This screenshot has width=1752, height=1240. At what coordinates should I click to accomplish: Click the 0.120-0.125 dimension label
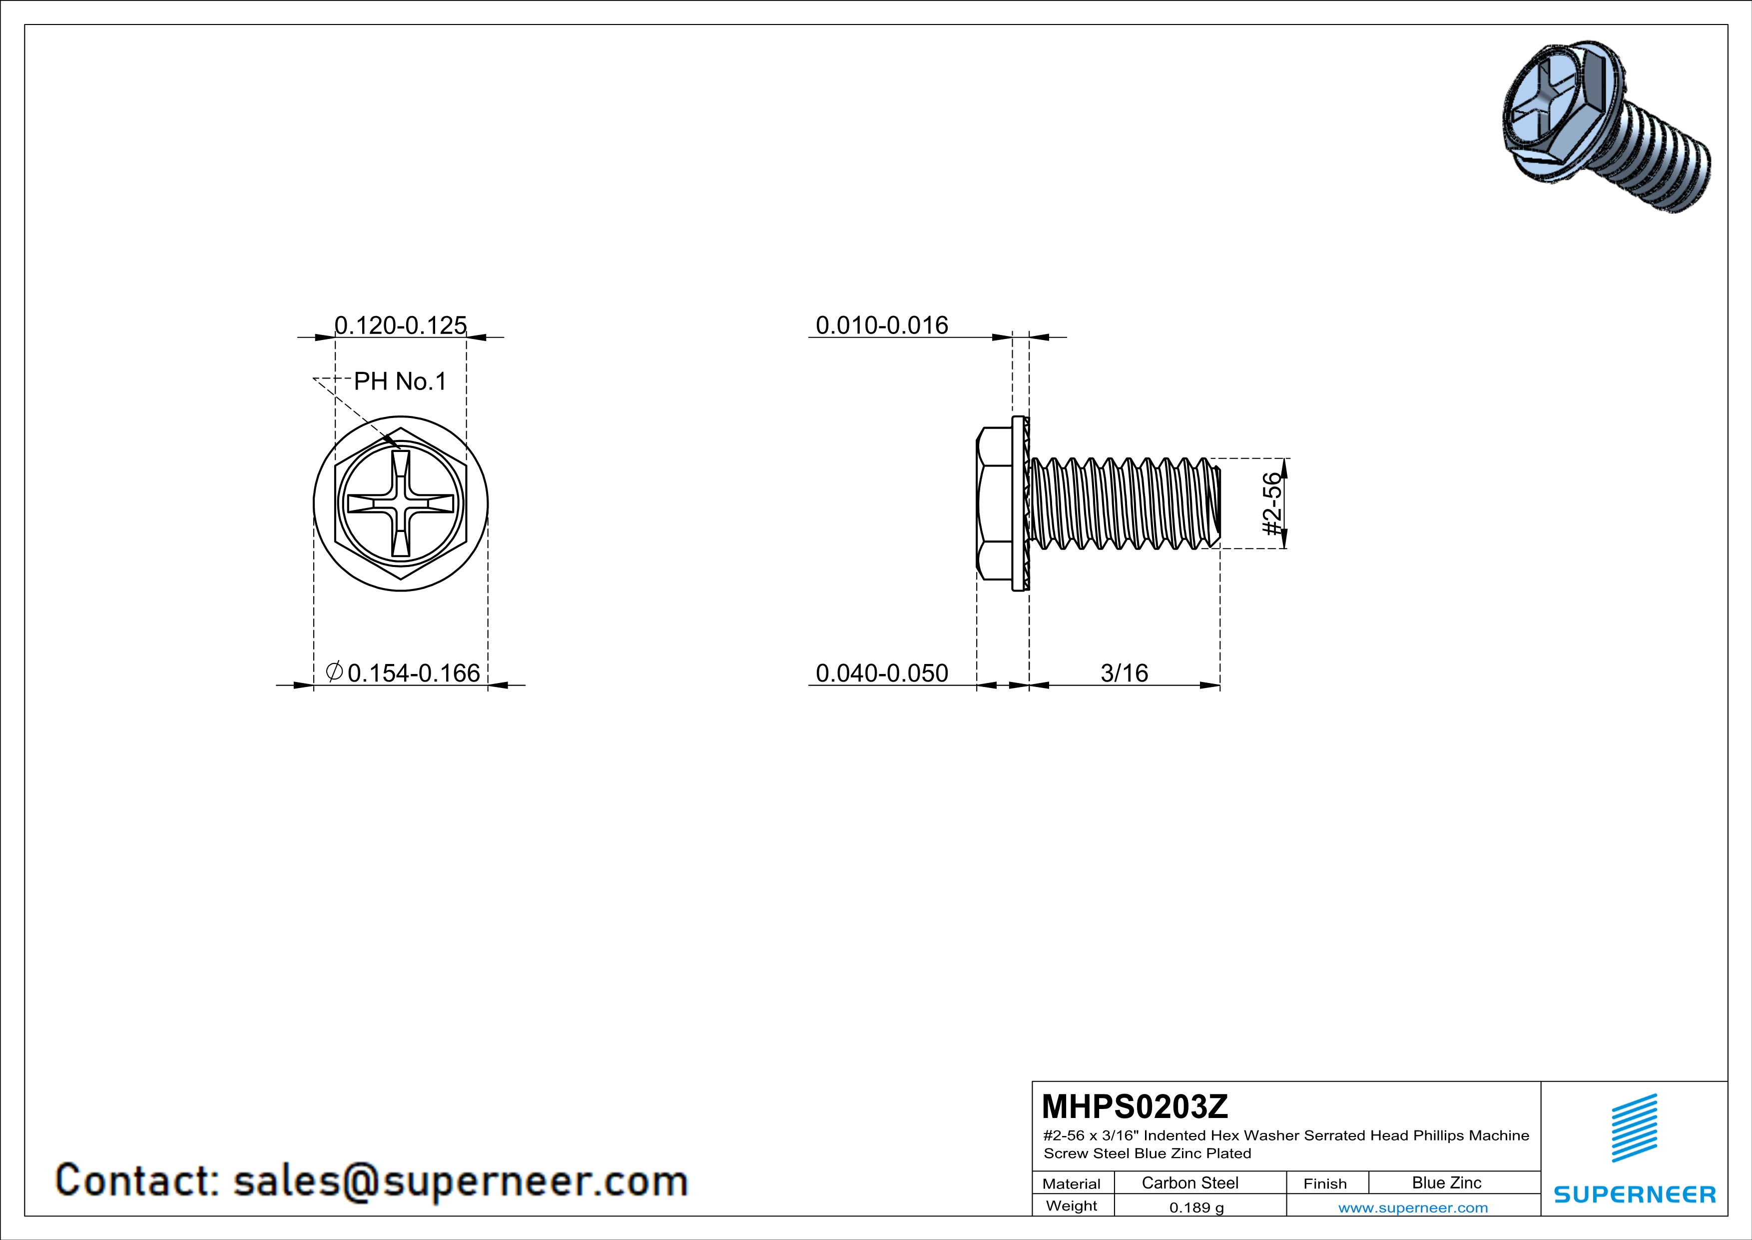pos(401,325)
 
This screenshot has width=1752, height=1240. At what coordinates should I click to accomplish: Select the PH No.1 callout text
pos(400,381)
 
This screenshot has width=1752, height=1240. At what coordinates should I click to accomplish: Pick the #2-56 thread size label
pos(1272,504)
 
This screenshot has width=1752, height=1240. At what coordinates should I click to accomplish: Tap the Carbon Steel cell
pos(1189,1182)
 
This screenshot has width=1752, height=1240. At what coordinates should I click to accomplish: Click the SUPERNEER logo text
pos(1635,1194)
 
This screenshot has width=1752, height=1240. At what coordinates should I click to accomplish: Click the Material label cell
pos(1072,1183)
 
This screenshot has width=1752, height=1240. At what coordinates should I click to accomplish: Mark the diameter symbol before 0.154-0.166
pos(333,672)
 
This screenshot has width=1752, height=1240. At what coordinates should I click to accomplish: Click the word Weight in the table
pos(1072,1205)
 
